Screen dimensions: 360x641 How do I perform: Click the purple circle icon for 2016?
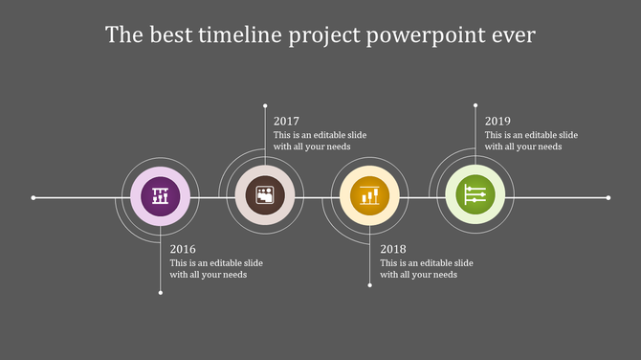[160, 197]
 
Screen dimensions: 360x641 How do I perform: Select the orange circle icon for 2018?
[370, 196]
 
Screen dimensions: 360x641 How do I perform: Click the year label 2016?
[183, 249]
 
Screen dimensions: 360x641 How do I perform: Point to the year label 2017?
[286, 122]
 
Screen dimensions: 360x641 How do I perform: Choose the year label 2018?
[393, 249]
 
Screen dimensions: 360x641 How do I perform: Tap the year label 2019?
[497, 122]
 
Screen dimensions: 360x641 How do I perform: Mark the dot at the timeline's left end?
[33, 198]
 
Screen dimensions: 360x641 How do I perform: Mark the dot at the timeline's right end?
[608, 198]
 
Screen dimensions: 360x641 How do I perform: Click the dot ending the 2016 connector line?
[160, 292]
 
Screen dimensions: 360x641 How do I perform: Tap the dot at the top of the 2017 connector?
[265, 103]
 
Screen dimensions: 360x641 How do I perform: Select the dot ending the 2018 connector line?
[370, 284]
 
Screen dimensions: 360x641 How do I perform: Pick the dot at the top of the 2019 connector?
[475, 103]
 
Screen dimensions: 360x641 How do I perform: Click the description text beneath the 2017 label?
[320, 141]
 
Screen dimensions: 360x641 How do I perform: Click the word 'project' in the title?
[323, 36]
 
